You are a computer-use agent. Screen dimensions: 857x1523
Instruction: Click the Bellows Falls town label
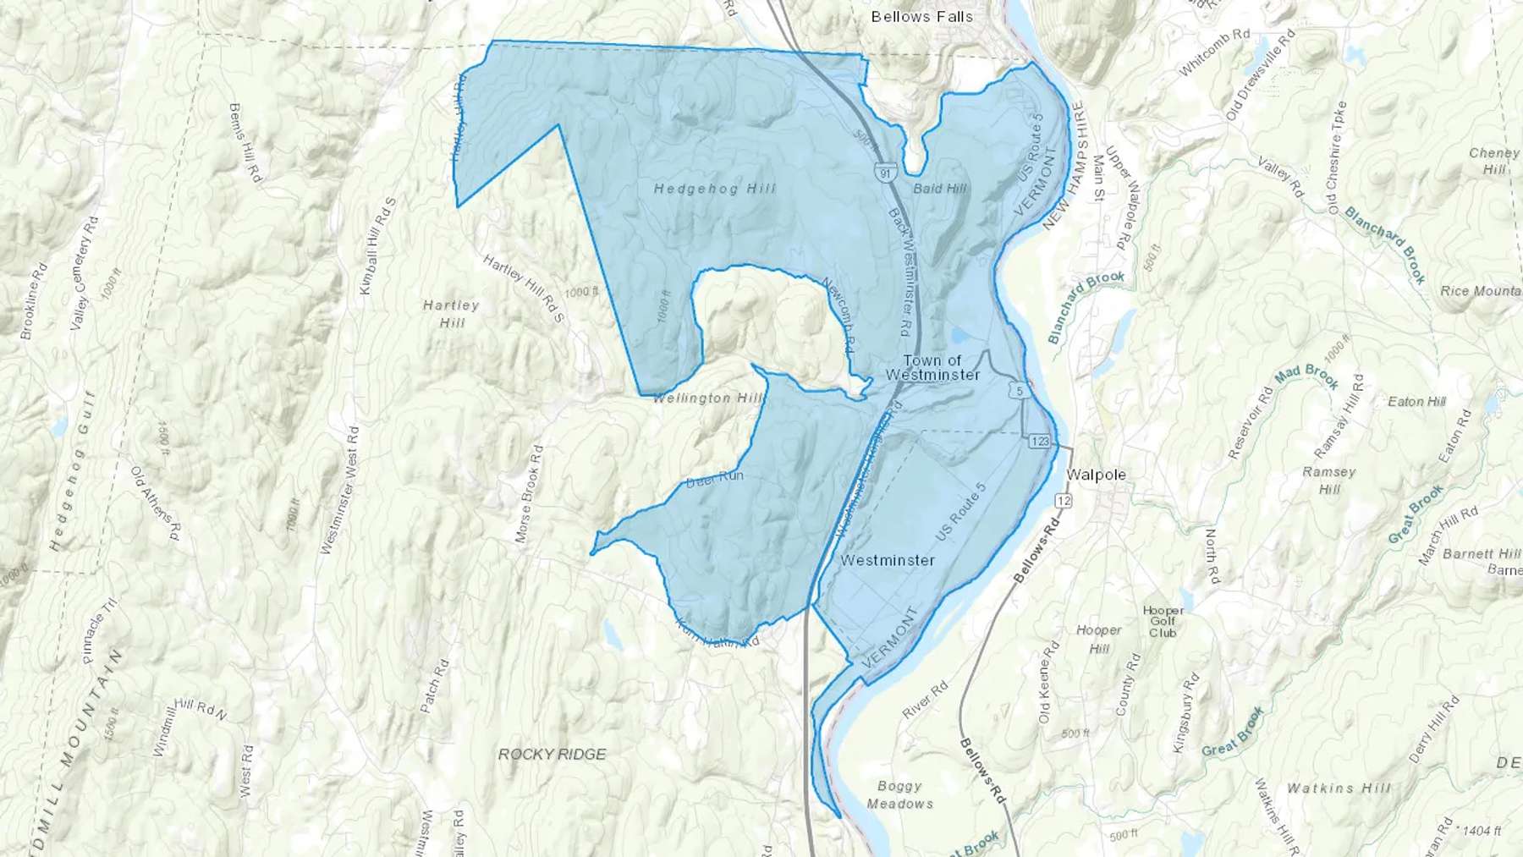[x=921, y=17]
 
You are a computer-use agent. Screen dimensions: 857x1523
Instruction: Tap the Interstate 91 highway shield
[x=884, y=173]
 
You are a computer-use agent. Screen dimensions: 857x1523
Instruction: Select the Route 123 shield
[x=1040, y=442]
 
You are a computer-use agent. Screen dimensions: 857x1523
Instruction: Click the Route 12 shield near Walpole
[x=1064, y=501]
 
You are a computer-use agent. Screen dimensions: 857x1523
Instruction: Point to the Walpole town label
[x=1096, y=475]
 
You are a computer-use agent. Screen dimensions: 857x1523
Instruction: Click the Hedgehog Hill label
[x=714, y=189]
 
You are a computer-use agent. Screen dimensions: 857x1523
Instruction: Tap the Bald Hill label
[x=939, y=189]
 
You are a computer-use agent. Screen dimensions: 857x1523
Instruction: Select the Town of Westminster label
[x=932, y=367]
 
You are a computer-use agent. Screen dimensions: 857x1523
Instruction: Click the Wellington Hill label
[x=707, y=398]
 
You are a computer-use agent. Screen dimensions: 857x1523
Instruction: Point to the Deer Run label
[x=714, y=477]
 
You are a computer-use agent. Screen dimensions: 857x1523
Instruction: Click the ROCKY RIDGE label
[x=552, y=754]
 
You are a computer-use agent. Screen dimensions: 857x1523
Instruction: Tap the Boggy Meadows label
[x=899, y=795]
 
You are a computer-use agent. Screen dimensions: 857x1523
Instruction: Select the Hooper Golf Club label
[x=1163, y=621]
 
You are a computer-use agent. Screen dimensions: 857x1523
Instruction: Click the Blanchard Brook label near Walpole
[x=1086, y=305]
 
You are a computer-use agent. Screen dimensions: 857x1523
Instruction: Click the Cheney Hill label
[x=1494, y=161]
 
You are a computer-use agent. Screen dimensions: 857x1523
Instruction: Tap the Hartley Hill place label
[x=451, y=314]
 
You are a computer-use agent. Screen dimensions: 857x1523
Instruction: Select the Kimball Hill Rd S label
[x=377, y=246]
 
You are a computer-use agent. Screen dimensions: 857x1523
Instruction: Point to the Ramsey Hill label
[x=1329, y=481]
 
